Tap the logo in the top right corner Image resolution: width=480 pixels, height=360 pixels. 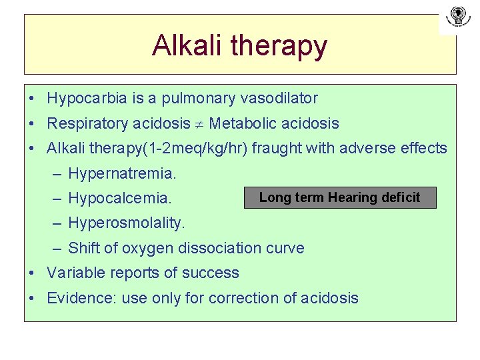(457, 17)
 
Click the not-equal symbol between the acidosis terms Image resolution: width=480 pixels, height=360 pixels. (200, 124)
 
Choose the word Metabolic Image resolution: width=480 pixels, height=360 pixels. (242, 123)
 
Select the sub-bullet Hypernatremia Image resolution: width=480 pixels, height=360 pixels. (123, 174)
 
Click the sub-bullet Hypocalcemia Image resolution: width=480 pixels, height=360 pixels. (120, 199)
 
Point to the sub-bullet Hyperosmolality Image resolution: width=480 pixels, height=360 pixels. (127, 223)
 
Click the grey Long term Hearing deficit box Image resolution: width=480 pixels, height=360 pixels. (340, 197)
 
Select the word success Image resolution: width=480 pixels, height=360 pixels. (213, 273)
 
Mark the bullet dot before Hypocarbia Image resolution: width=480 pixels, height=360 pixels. (32, 99)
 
